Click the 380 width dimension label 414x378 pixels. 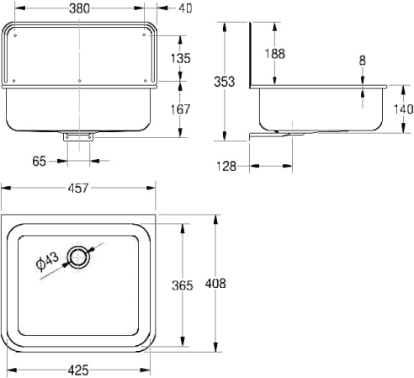pyautogui.click(x=80, y=8)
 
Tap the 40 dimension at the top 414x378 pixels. pyautogui.click(x=185, y=8)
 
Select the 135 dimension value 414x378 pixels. pyautogui.click(x=181, y=58)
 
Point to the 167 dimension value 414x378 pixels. pyautogui.click(x=181, y=109)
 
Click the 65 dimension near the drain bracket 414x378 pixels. pyautogui.click(x=39, y=162)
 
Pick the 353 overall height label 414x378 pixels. pyautogui.click(x=224, y=82)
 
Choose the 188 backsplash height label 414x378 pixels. pyautogui.click(x=275, y=54)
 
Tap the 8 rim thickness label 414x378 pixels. pyautogui.click(x=363, y=61)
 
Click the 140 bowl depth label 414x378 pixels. pyautogui.click(x=404, y=109)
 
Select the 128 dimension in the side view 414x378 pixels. pyautogui.click(x=226, y=167)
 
